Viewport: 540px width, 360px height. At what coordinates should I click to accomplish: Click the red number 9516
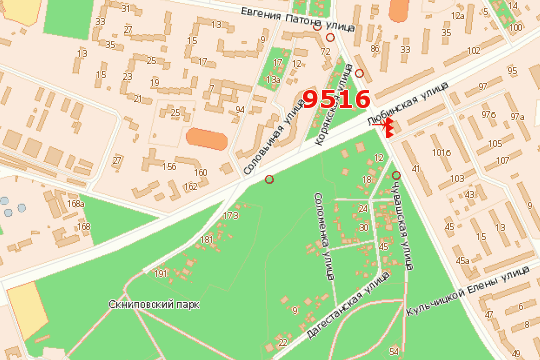point(337,99)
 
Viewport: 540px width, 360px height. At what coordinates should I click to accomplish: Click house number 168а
point(76,204)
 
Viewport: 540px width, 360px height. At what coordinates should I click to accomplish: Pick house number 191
point(160,272)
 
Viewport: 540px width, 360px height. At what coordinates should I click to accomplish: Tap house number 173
point(231,215)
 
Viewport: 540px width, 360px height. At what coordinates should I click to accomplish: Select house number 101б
point(440,153)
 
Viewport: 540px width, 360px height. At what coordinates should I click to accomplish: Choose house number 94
point(239,109)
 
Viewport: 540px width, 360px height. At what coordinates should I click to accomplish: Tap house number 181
point(206,240)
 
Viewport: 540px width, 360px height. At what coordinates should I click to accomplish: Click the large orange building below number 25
point(206,137)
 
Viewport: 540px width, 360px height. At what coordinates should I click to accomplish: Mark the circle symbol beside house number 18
point(396,176)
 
